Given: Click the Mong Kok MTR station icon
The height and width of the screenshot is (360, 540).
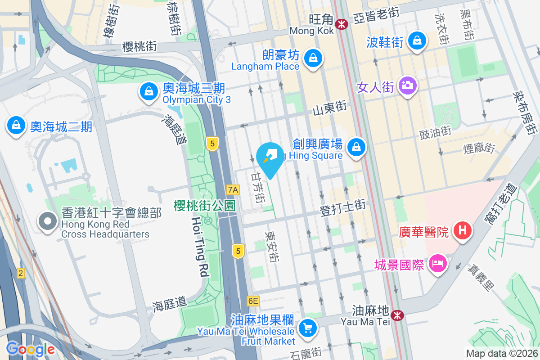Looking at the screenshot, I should [342, 23].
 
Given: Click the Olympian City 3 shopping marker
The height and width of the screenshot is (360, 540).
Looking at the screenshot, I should [148, 92].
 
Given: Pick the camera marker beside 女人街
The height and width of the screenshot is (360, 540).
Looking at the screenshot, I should [408, 85].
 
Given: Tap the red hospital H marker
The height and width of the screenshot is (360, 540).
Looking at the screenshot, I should [463, 231].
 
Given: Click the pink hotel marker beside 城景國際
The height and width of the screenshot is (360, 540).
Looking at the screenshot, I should [436, 262].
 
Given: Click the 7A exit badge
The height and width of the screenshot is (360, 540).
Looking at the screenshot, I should [233, 190].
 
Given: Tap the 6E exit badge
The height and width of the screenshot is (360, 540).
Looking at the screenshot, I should [253, 301].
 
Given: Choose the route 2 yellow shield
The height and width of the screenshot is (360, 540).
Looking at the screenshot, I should [20, 273].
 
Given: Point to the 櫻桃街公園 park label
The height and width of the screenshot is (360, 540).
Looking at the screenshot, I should [205, 206].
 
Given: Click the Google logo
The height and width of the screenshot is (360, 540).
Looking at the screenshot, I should [30, 349].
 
